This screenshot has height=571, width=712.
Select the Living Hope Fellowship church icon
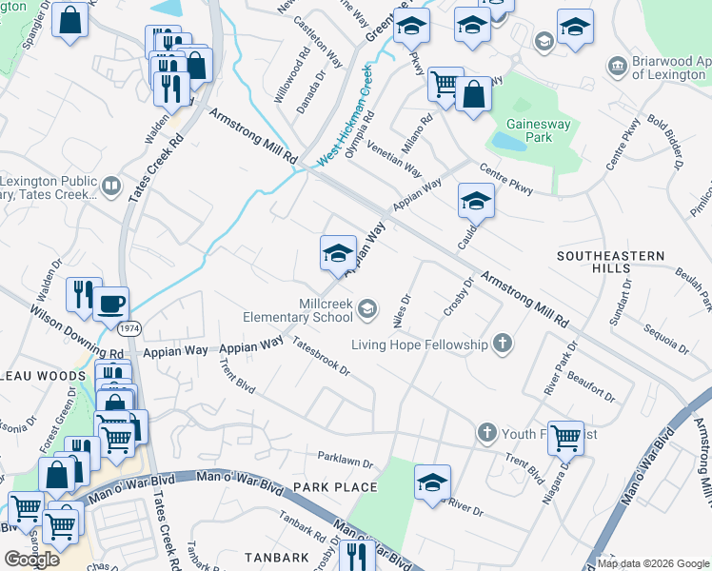point(503,344)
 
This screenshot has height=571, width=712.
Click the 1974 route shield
point(130,328)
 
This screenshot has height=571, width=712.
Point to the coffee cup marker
point(110,303)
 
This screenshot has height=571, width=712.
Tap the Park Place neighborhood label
point(335,487)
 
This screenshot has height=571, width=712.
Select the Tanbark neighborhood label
point(276,557)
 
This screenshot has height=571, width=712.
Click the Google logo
point(32,559)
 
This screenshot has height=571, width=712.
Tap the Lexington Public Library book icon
point(111,186)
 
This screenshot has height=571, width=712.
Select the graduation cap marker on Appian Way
point(338,254)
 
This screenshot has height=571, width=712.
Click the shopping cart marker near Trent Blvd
point(565,437)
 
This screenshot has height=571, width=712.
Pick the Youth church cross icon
point(486,433)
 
